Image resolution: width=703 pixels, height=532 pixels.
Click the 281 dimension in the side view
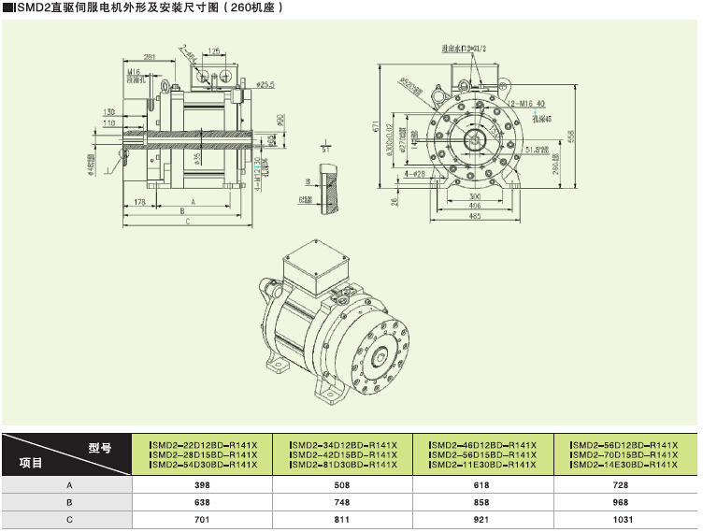(x=149, y=57)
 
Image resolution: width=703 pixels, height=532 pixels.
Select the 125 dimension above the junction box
(x=214, y=51)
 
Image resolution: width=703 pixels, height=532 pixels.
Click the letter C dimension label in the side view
(x=188, y=223)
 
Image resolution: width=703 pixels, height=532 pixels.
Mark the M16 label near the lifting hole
(x=134, y=71)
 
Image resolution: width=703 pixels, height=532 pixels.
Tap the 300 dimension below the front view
(x=474, y=196)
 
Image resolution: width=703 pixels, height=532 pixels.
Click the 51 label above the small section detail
(x=324, y=149)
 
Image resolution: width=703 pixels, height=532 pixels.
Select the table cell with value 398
(x=203, y=486)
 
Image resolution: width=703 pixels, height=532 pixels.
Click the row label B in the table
(x=68, y=503)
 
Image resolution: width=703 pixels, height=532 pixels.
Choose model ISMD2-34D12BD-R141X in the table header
(x=342, y=444)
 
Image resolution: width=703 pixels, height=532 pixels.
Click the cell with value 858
(x=482, y=503)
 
